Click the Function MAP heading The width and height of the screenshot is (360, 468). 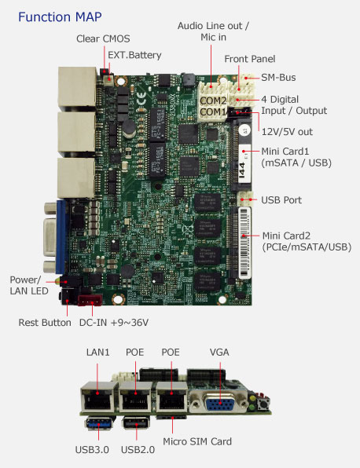[60, 17]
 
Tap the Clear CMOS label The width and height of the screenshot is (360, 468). [103, 38]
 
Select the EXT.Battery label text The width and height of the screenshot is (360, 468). [134, 55]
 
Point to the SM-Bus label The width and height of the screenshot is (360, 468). [278, 78]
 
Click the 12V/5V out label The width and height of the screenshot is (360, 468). [287, 132]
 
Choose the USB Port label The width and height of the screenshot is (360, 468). [281, 200]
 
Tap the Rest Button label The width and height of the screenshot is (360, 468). [45, 323]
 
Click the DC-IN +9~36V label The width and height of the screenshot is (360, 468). [114, 323]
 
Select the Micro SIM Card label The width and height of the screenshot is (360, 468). [197, 441]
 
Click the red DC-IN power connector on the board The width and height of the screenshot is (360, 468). [90, 300]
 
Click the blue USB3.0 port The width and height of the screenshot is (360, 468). [98, 423]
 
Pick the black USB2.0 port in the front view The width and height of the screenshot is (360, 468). [136, 423]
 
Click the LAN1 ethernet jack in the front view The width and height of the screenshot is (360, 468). [97, 397]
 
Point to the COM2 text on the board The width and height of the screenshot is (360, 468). [213, 101]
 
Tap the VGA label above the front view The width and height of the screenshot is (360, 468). [219, 353]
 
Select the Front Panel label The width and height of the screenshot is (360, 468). [250, 59]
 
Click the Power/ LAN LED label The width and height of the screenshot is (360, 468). [29, 285]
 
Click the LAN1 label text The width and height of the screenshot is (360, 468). [97, 353]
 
